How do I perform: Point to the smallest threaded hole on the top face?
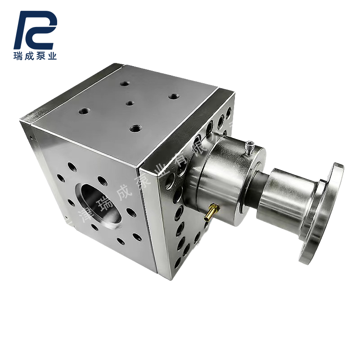(130, 103)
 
